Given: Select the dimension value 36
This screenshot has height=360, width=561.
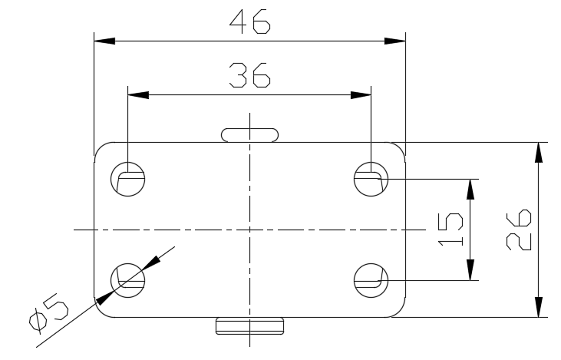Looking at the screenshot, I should [250, 76].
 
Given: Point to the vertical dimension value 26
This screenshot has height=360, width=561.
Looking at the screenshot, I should [520, 229].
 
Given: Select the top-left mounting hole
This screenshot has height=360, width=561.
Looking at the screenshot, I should [127, 180].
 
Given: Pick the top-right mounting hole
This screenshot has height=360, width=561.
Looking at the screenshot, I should [371, 180].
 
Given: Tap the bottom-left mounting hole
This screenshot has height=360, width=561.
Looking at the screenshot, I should [127, 278].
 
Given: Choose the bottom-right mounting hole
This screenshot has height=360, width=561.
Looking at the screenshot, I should [371, 278].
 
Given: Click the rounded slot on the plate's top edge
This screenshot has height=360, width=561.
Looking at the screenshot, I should [250, 135].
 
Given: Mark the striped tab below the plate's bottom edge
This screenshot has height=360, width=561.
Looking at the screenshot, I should [250, 325].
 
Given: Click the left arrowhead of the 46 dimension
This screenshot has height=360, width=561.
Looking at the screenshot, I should [104, 41].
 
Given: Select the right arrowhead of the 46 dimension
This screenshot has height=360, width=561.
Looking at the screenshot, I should [395, 41].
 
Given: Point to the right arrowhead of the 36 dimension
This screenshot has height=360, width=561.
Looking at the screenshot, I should [361, 95].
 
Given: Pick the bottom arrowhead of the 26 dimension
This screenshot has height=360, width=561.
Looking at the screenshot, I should [540, 306].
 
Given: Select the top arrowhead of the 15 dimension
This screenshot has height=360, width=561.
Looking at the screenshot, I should [470, 190].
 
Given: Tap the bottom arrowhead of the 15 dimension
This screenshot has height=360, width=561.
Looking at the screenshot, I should [470, 270].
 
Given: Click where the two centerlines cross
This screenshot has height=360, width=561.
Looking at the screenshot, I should [250, 229].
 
